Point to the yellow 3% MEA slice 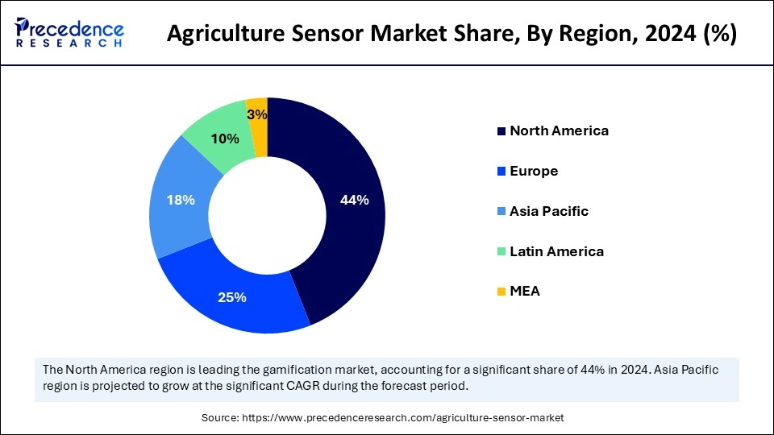pos(258,113)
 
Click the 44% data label pos(355,201)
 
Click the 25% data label pos(231,297)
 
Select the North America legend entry pos(559,130)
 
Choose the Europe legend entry pos(534,171)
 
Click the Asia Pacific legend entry pos(549,211)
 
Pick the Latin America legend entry pos(556,251)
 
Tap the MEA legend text pos(525,292)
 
